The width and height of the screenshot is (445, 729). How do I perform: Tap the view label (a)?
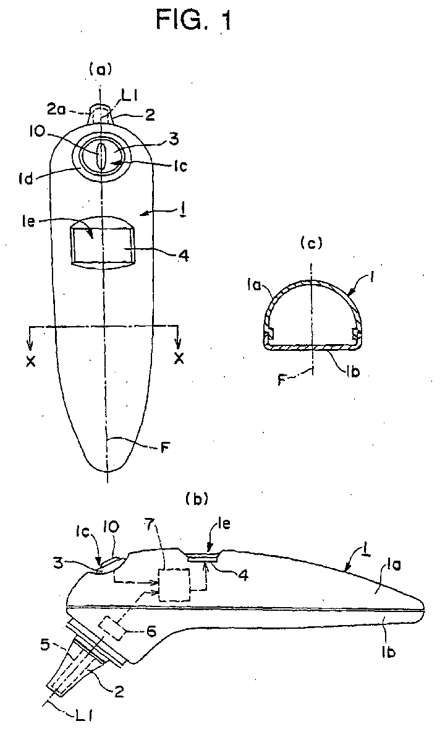[x=100, y=70]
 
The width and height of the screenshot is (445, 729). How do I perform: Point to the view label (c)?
[x=311, y=243]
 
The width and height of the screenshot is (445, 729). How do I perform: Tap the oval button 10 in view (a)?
[x=102, y=155]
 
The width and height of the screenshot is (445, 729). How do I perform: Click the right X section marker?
[x=179, y=359]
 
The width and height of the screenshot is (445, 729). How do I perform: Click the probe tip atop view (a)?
[x=100, y=114]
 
